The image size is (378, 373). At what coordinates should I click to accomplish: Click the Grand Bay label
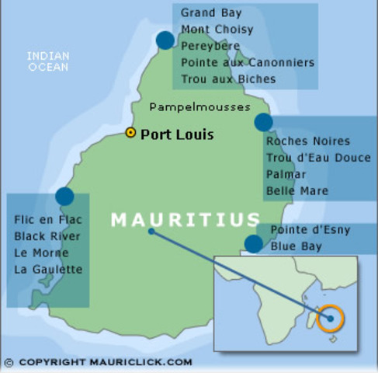211,13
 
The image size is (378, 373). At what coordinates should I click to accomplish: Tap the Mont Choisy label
217,30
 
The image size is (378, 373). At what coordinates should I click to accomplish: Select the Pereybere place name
212,46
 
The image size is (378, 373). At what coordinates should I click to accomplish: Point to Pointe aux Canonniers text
248,62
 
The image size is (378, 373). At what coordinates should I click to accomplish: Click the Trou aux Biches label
228,78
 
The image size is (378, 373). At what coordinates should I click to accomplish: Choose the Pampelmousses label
199,106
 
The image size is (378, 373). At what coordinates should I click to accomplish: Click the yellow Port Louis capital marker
130,133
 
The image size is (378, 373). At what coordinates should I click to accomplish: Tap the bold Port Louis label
177,134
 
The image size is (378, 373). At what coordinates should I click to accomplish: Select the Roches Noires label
308,141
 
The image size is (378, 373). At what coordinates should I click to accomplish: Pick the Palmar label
286,174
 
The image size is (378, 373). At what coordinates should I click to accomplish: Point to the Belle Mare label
297,190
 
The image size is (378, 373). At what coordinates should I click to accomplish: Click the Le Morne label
41,253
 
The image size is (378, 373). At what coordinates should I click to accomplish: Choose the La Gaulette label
48,269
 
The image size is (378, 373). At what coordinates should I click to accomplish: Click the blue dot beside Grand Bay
165,40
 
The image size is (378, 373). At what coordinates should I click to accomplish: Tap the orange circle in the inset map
330,318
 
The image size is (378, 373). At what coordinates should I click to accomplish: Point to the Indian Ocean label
48,61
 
